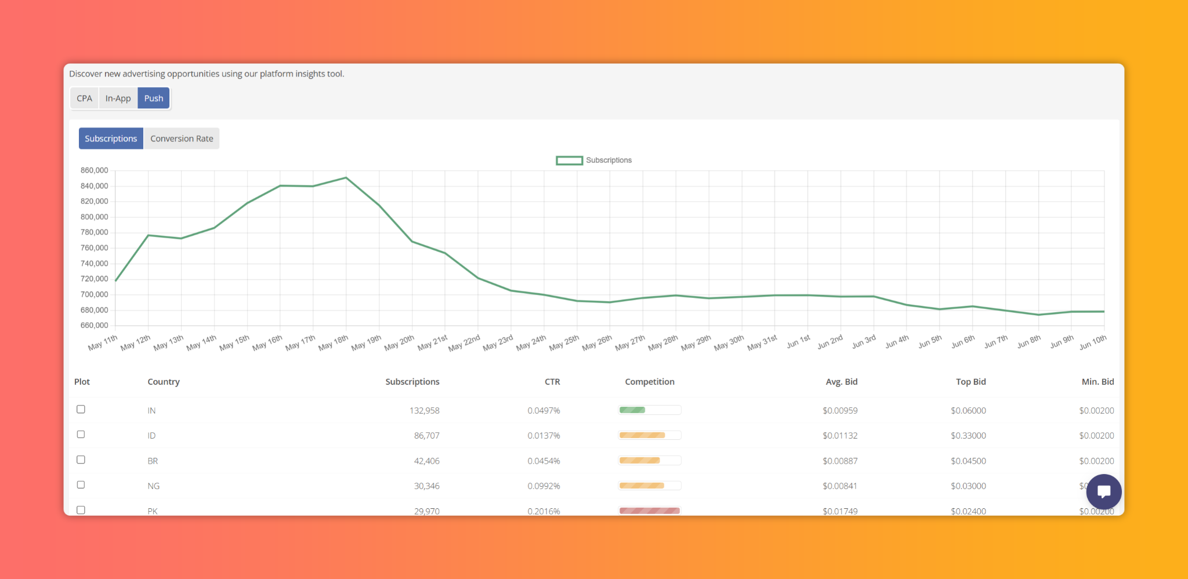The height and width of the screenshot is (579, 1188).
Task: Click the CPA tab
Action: click(x=84, y=98)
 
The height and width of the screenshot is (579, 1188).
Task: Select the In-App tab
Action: click(x=118, y=98)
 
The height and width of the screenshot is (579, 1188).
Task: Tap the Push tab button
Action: click(x=154, y=98)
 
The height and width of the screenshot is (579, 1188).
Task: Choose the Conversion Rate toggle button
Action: click(x=182, y=139)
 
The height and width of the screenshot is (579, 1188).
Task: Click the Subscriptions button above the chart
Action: click(x=111, y=139)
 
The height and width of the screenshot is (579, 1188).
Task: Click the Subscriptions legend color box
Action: click(x=569, y=161)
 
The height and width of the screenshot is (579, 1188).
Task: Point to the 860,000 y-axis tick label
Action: click(x=94, y=170)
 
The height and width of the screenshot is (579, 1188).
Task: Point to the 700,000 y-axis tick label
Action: click(x=94, y=294)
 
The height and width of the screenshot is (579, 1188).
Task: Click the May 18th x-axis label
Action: click(x=334, y=343)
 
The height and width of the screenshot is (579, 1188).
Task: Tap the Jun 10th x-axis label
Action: click(x=1093, y=343)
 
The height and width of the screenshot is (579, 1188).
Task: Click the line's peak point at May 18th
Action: click(x=346, y=177)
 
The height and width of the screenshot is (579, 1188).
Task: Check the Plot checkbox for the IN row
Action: click(x=81, y=409)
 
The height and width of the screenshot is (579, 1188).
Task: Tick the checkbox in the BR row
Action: click(x=81, y=460)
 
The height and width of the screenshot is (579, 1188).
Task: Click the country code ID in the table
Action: click(x=151, y=435)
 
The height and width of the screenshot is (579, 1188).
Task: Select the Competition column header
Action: click(x=650, y=381)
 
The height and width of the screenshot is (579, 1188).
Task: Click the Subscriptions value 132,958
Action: click(x=425, y=410)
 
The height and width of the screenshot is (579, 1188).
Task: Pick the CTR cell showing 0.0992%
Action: click(x=544, y=486)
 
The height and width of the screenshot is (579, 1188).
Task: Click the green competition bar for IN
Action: click(x=632, y=410)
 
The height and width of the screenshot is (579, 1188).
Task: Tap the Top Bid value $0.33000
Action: click(x=968, y=435)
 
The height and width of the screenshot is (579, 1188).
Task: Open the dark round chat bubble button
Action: click(x=1104, y=491)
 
